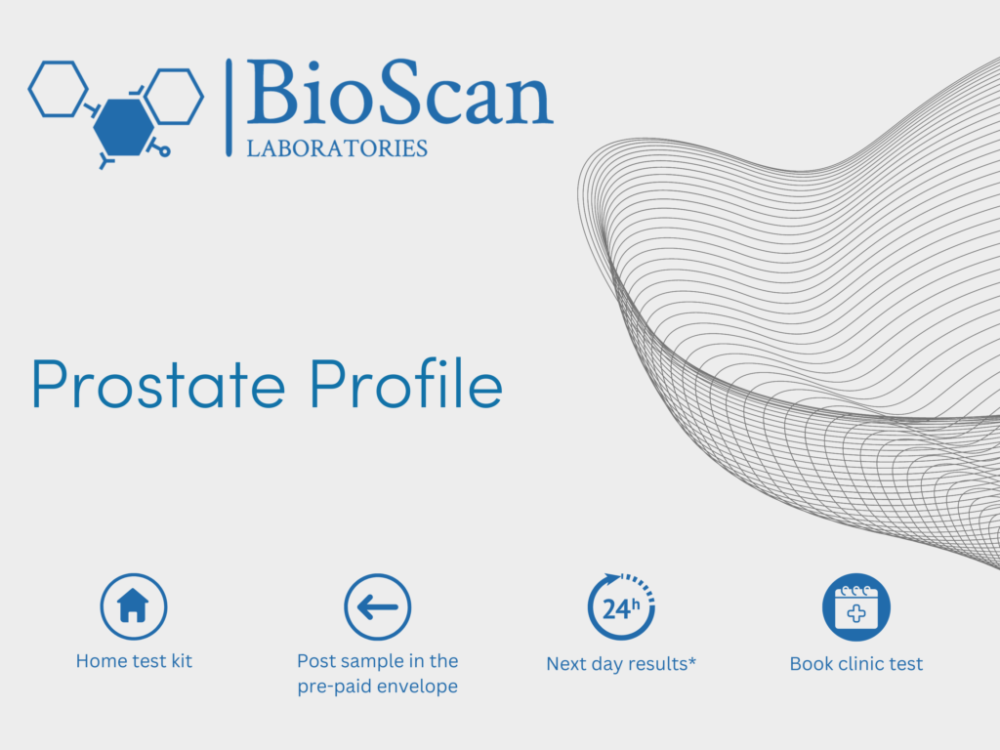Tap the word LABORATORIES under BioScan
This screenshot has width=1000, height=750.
pos(337,148)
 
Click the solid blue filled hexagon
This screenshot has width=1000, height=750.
pos(124,127)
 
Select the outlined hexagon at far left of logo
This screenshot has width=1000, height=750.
pos(58,89)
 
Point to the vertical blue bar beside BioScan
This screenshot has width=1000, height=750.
pos(229,107)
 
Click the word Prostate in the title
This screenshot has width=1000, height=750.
pos(158,385)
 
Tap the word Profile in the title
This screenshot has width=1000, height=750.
pos(407,383)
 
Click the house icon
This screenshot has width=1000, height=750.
pos(133,606)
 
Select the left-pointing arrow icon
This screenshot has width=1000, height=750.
pos(378,606)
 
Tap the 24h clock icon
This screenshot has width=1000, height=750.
pos(621,606)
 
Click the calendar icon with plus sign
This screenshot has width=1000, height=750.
pos(855,606)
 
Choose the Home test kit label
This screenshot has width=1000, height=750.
pos(134,661)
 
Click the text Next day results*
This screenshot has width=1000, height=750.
pos(621,664)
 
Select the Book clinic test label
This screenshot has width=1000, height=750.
pos(855,664)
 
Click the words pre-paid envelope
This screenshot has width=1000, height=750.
pos(378,687)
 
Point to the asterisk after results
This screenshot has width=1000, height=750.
pos(692,660)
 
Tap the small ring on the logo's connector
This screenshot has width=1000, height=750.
pos(164,151)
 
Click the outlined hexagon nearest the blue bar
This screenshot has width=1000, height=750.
pos(174,96)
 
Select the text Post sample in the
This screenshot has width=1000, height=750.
pos(378,661)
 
